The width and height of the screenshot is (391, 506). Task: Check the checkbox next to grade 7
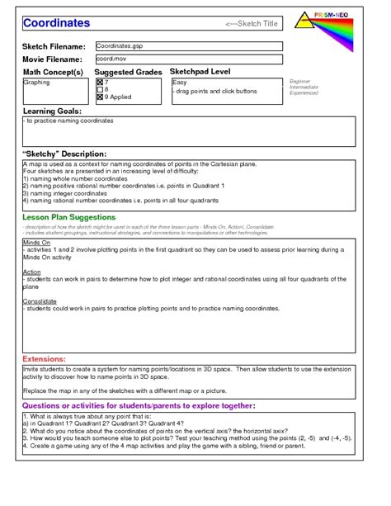tap(101, 83)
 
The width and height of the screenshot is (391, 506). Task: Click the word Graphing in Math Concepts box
tap(37, 83)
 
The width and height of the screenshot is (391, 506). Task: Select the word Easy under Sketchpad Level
tap(180, 83)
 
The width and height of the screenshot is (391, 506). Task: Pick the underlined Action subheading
tap(32, 272)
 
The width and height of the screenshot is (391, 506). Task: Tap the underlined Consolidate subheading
tap(40, 300)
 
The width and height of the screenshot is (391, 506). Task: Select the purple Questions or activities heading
tap(138, 405)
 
